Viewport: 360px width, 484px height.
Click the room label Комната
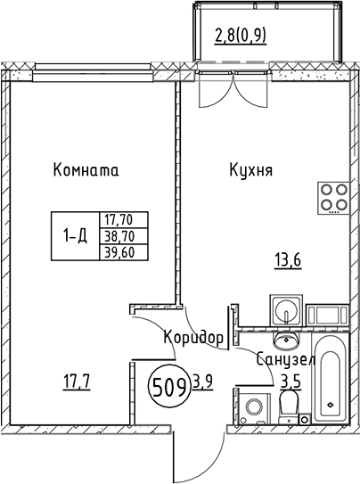[x=86, y=170]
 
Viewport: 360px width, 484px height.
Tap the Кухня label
[x=250, y=170]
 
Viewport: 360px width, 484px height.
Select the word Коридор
[x=193, y=337]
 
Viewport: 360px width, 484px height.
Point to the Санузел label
[x=286, y=360]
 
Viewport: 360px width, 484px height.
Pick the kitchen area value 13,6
[x=288, y=261]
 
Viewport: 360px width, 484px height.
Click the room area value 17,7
[x=77, y=382]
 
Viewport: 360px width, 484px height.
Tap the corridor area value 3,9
[x=202, y=382]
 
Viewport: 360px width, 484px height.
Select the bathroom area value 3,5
[x=290, y=381]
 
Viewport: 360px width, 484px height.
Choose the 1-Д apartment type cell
[x=75, y=236]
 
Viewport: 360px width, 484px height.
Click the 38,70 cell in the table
[x=123, y=236]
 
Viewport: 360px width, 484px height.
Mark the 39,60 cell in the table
[x=123, y=253]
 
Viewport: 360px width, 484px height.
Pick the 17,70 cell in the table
[x=123, y=220]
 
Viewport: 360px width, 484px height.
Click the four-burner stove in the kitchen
[x=333, y=198]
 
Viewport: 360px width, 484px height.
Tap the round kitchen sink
[x=286, y=310]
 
